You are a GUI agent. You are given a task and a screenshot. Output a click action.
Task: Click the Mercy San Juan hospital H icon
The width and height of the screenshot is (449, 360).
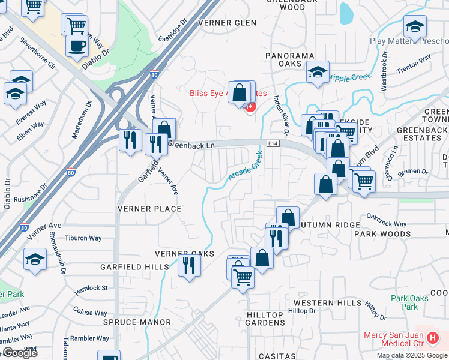click(432, 338)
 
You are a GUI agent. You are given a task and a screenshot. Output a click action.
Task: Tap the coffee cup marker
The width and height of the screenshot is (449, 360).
click(76, 46)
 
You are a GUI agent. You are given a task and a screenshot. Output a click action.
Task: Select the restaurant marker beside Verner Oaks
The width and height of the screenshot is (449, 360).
click(190, 264)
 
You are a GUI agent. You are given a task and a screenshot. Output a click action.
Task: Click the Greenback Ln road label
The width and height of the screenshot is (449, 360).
click(191, 145)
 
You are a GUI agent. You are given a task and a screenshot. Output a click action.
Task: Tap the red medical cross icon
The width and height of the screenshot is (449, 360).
click(250, 107)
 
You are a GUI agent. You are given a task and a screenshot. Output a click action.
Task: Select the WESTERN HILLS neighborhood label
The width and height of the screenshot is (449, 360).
click(328, 303)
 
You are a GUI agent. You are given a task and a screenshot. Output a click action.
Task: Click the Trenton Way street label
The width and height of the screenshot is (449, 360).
click(414, 63)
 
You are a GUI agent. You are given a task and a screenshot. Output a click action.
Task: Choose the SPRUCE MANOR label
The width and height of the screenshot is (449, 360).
click(137, 322)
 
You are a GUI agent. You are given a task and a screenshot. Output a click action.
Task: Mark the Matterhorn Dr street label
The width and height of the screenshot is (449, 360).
click(82, 120)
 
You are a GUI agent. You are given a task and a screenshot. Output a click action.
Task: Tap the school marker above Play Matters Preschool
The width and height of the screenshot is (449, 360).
click(415, 26)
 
